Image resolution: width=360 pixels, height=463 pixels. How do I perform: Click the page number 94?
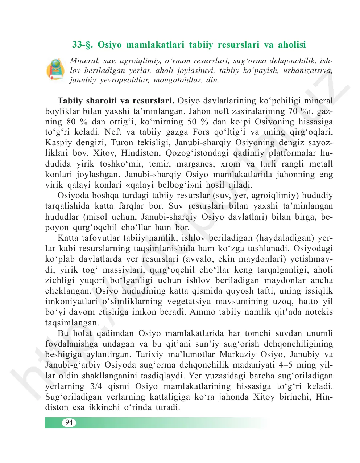pyautogui.click(x=69, y=422)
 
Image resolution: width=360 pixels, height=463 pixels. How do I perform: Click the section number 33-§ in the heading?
pyautogui.click(x=83, y=45)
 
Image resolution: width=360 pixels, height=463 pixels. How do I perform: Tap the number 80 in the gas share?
pyautogui.click(x=71, y=122)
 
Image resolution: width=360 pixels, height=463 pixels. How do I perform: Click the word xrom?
pyautogui.click(x=231, y=164)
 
